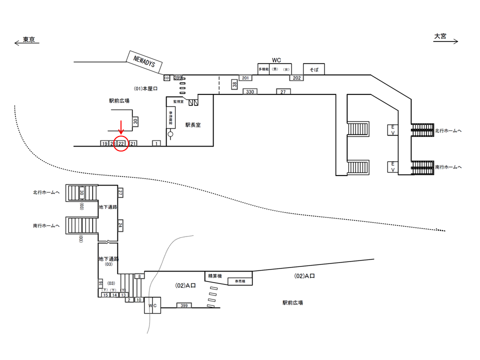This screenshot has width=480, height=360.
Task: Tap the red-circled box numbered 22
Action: pyautogui.click(x=121, y=143)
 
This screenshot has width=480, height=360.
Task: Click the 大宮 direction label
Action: pyautogui.click(x=440, y=36)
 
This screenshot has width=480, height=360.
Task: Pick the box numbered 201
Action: pyautogui.click(x=245, y=78)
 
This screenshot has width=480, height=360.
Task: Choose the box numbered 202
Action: pyautogui.click(x=296, y=78)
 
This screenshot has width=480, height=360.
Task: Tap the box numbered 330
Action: pyautogui.click(x=250, y=92)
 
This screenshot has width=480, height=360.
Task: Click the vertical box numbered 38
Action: pyautogui.click(x=234, y=85)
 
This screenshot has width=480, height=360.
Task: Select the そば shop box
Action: pyautogui.click(x=314, y=69)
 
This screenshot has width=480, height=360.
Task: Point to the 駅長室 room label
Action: pyautogui.click(x=192, y=125)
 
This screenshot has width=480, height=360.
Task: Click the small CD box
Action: pyautogui.click(x=167, y=78)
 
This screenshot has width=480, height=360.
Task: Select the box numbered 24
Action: pyautogui.click(x=120, y=226)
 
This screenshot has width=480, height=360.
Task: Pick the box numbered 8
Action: pyautogui.click(x=139, y=276)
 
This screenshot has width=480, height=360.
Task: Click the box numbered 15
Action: pyautogui.click(x=105, y=295)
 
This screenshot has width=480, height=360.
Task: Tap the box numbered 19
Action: pyautogui.click(x=104, y=143)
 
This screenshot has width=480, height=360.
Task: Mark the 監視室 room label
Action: pyautogui.click(x=178, y=101)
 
